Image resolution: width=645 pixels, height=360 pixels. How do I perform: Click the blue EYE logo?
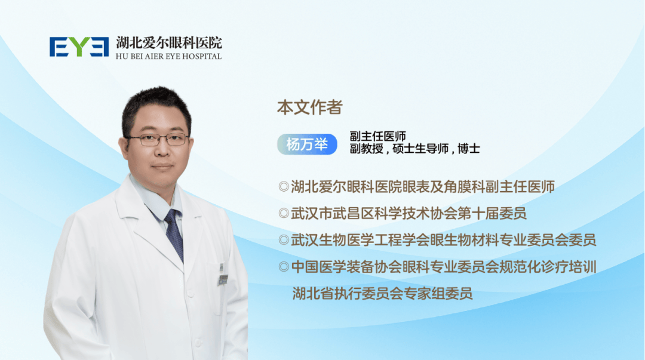tap(79, 47)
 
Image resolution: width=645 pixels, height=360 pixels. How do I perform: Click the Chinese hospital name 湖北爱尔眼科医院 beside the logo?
tap(168, 42)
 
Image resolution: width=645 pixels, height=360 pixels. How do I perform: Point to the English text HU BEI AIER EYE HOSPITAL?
tap(168, 56)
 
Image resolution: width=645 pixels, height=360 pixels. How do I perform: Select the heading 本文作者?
tap(310, 107)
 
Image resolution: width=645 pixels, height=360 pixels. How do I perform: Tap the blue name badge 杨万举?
tap(307, 144)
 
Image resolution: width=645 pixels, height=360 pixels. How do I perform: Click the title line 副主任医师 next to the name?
tap(377, 136)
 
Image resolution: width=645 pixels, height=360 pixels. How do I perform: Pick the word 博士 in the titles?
tap(469, 149)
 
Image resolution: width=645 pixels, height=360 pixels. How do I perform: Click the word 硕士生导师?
tap(420, 149)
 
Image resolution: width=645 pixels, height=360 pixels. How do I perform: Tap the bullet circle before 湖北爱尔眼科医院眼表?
tap(284, 187)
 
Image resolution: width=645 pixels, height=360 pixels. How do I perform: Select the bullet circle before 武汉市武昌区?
tap(284, 213)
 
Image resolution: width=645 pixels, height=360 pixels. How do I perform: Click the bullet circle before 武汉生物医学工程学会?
tap(284, 240)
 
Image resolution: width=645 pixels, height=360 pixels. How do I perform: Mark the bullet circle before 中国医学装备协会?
tap(284, 267)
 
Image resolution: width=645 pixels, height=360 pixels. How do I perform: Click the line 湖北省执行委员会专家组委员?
tap(382, 294)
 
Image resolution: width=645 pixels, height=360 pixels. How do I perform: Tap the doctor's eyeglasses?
tap(158, 140)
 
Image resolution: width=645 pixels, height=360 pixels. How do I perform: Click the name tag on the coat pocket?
tap(223, 280)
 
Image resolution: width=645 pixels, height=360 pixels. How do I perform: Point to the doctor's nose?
tap(161, 148)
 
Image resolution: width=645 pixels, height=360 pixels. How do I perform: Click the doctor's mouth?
tap(162, 166)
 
